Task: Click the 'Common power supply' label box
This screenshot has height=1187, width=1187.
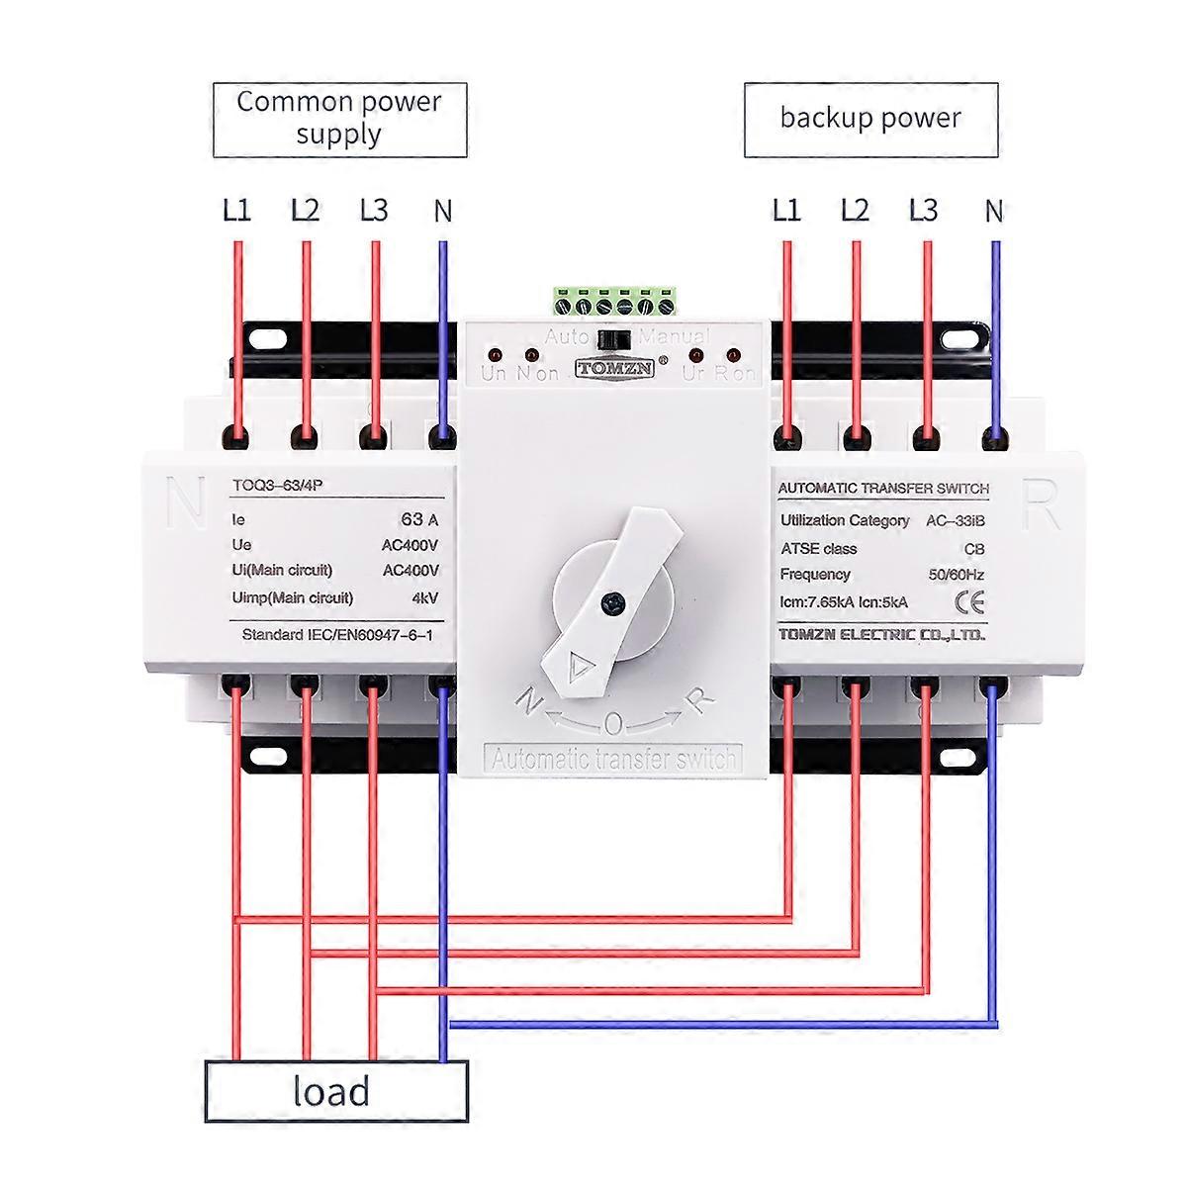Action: pos(339,120)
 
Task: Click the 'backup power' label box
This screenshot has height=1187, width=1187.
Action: pos(870,120)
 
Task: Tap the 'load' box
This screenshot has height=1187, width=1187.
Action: pos(335,1092)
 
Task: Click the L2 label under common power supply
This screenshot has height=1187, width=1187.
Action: pos(305,211)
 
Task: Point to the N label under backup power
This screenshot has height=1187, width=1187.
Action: pos(993,211)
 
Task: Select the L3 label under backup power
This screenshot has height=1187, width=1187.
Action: pos(923,211)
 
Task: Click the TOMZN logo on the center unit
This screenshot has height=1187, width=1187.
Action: pos(614,368)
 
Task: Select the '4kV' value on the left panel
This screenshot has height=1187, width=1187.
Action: pos(424,597)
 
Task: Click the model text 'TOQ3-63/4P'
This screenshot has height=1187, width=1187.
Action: pos(270,485)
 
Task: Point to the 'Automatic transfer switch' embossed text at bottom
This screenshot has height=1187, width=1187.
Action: pos(613,760)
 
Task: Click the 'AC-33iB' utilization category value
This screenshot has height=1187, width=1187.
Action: pos(955,521)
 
